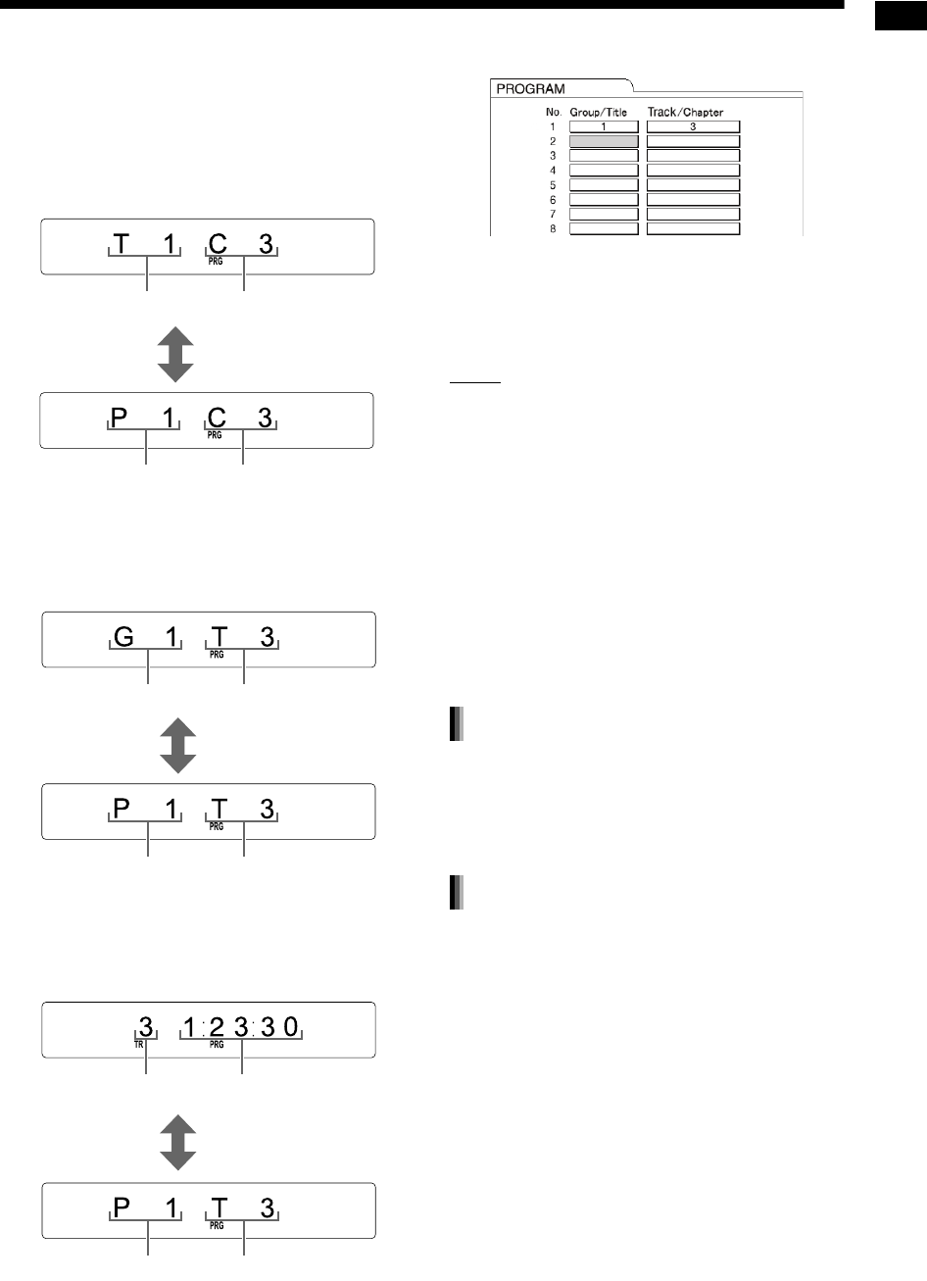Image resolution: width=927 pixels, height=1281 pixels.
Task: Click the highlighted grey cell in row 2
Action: coord(604,140)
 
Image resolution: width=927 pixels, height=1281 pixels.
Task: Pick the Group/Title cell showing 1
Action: coord(604,125)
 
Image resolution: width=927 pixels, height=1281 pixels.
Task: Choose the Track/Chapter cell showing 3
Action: coord(693,125)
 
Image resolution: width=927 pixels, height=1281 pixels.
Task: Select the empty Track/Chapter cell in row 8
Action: coord(693,229)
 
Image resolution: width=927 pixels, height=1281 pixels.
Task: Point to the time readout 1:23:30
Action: coord(243,1027)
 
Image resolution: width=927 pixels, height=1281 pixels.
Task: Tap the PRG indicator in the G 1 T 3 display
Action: coord(216,653)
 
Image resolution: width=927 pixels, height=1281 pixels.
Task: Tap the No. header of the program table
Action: coord(554,113)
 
